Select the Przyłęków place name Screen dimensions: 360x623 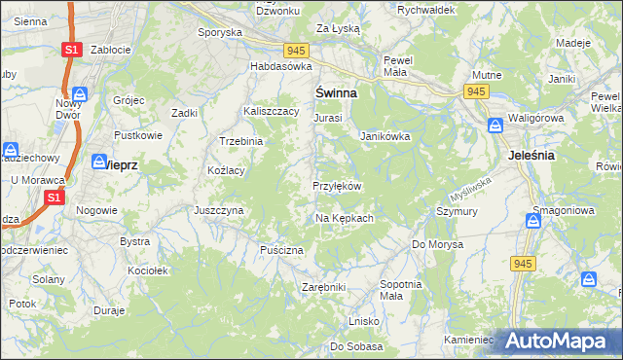(337, 186)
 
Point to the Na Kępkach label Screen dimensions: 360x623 (345, 218)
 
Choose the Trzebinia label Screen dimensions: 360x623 (241, 141)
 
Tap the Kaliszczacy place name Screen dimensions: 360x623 (270, 112)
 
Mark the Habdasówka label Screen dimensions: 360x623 (280, 66)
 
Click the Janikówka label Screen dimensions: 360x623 (385, 137)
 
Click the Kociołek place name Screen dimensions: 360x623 (148, 270)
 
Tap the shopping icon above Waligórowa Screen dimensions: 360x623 (495, 126)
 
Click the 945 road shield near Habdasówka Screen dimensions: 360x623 (297, 50)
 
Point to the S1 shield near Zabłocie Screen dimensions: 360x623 (70, 49)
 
